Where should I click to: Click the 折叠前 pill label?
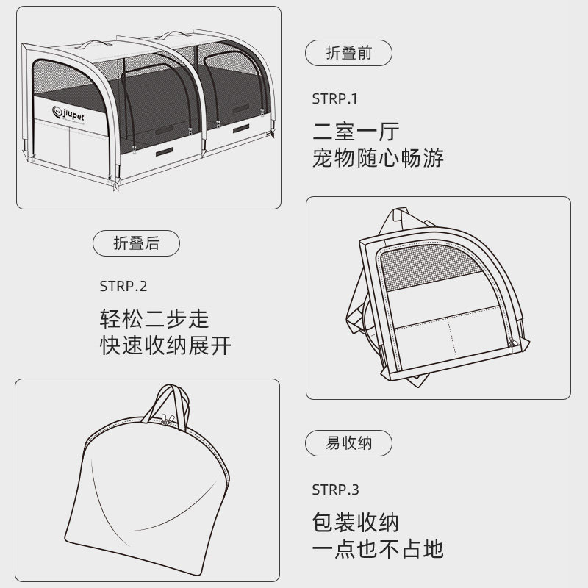[348, 54]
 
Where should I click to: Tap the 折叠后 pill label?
[137, 244]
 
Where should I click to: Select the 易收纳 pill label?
[348, 443]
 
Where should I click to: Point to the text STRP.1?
[334, 98]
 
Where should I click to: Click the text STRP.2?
[123, 287]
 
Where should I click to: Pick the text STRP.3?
[335, 489]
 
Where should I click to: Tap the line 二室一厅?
[356, 132]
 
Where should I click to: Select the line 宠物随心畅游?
[378, 159]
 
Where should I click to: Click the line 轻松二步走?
[154, 319]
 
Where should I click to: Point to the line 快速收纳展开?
[165, 345]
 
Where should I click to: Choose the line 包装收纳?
[356, 523]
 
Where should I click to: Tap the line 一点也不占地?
[378, 549]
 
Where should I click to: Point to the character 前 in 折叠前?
[365, 54]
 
